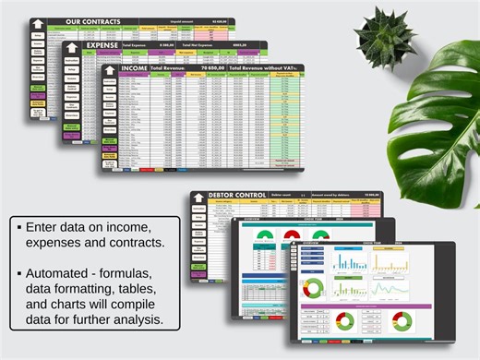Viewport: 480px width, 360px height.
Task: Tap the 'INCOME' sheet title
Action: point(134,69)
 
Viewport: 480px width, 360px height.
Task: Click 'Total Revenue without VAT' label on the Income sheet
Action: point(265,69)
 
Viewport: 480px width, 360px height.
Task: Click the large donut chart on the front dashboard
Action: point(345,321)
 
